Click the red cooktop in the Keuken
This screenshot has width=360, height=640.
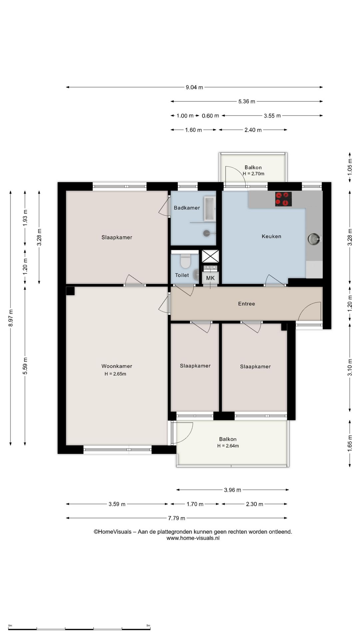(283, 199)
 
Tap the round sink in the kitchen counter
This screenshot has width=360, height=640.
(313, 239)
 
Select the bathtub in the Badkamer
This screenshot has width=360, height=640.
(210, 209)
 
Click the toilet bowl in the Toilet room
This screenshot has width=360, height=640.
(185, 261)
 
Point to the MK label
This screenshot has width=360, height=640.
(210, 278)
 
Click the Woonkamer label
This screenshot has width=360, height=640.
(117, 366)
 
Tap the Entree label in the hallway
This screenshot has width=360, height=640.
(247, 304)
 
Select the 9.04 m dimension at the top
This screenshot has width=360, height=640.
(194, 87)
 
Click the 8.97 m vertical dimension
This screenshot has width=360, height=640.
(11, 318)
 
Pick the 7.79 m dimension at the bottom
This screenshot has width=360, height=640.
(176, 518)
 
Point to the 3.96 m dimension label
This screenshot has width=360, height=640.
(232, 490)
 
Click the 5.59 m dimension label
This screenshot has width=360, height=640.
(25, 366)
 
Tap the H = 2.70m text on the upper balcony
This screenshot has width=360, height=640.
(253, 174)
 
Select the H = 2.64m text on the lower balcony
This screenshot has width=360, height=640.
(228, 446)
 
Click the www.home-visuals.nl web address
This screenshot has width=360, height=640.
(193, 538)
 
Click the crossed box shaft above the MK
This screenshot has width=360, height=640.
(210, 256)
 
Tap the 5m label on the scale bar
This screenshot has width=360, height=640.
(148, 626)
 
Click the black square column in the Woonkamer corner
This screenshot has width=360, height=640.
(70, 291)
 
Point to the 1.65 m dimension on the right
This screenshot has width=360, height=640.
(350, 444)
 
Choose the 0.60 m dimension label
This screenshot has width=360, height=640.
(210, 116)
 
